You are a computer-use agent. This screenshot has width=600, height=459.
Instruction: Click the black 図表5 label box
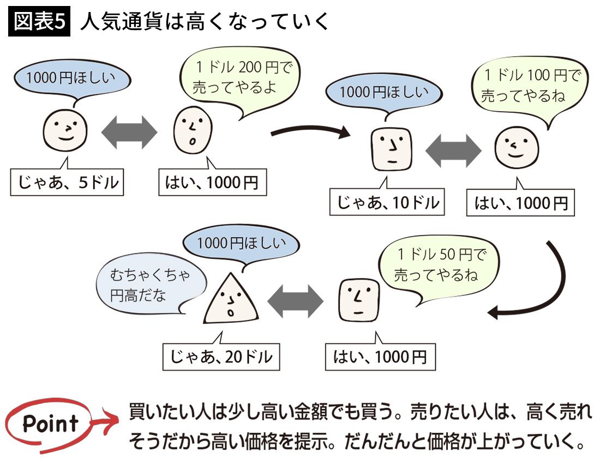pos(39,22)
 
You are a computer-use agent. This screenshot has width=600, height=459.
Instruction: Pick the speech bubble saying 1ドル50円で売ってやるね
pos(439,264)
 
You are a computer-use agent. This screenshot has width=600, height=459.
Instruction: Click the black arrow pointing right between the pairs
pos(311,131)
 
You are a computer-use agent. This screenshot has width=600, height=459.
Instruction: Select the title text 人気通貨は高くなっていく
pos(205,22)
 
